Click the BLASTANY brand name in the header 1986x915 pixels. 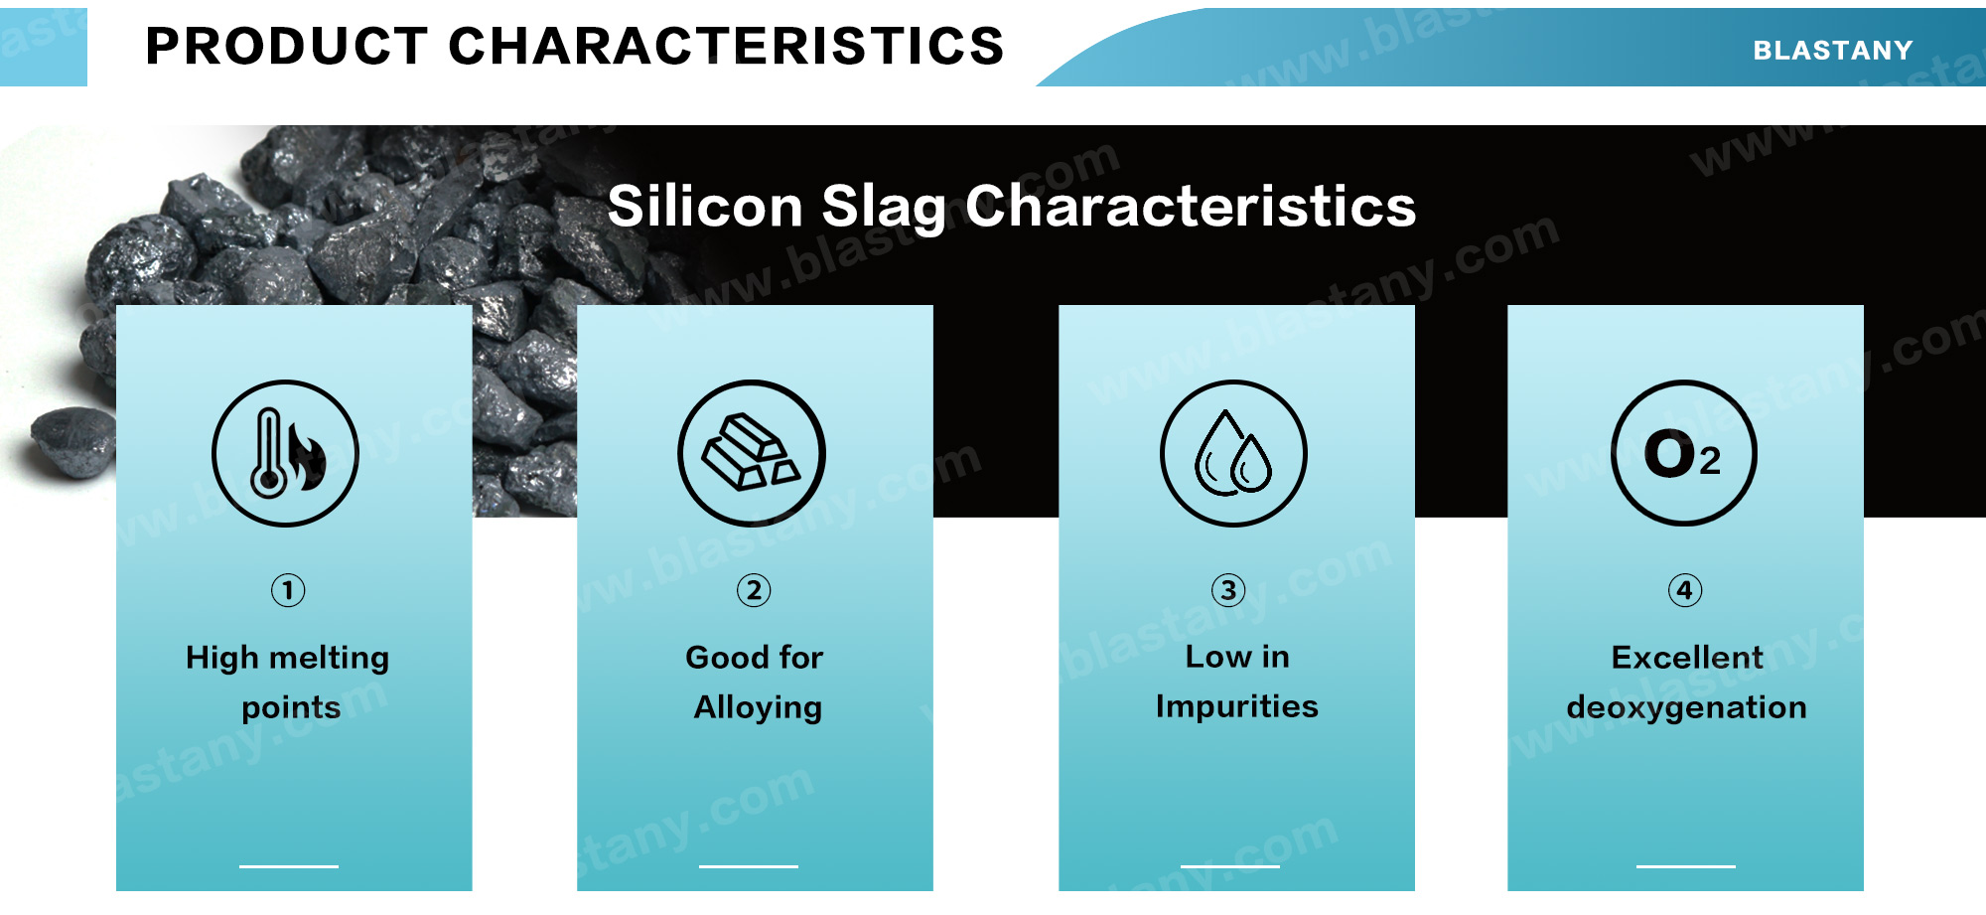[x=1832, y=50]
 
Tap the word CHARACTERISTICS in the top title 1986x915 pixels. [x=726, y=46]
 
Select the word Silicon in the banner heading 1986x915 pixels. [x=705, y=206]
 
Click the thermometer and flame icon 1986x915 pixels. [x=286, y=453]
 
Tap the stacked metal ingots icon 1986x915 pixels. [x=752, y=453]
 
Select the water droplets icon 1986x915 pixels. [x=1234, y=453]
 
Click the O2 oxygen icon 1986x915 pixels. [x=1684, y=453]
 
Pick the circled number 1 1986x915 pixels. [x=288, y=590]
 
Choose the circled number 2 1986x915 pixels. [x=754, y=590]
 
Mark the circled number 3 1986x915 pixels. [x=1228, y=590]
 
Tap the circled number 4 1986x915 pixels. [x=1685, y=590]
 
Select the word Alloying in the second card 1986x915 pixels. [x=758, y=708]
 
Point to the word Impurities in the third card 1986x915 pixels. [x=1237, y=706]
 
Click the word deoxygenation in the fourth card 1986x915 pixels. [x=1687, y=708]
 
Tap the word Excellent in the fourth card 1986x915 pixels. [x=1687, y=658]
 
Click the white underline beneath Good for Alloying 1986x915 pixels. [x=749, y=866]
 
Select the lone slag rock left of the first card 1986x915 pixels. [x=71, y=439]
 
